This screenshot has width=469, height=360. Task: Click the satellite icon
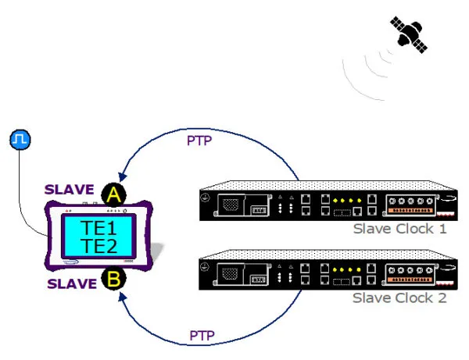tap(409, 34)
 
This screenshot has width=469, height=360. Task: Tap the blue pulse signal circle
tap(20, 140)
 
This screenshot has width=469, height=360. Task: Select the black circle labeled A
tap(113, 194)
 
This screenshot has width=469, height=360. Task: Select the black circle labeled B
tap(113, 279)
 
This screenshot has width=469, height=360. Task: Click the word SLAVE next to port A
tap(69, 190)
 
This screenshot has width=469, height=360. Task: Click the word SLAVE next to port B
tap(72, 283)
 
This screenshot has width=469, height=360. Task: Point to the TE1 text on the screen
tap(98, 228)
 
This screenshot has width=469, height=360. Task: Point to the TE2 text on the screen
tap(98, 246)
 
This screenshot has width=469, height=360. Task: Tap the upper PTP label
tap(199, 141)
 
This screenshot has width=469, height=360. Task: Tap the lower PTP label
tap(202, 336)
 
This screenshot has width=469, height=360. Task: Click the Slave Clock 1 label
tap(400, 229)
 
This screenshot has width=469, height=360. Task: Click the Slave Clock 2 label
tap(399, 298)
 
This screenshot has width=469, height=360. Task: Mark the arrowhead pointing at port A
tap(122, 177)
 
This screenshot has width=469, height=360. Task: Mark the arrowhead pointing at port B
tap(123, 297)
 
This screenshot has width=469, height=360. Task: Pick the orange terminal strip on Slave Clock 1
tap(410, 210)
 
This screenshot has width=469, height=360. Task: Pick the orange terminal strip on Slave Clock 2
tap(410, 280)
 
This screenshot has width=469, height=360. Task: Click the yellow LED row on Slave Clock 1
tap(347, 201)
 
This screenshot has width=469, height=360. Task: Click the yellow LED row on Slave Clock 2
tap(346, 269)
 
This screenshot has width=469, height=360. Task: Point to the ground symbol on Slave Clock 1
tap(205, 198)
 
